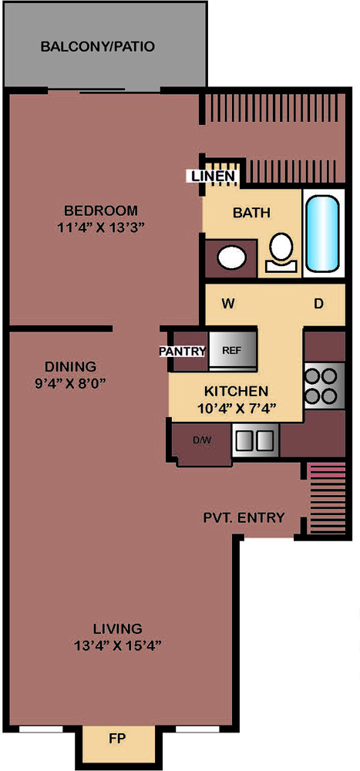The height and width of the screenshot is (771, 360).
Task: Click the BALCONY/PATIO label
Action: coord(98,47)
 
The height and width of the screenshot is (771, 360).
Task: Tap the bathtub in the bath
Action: coord(323,234)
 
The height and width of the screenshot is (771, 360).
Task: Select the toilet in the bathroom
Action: coord(281,253)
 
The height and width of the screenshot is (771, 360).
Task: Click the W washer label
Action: coord(227,304)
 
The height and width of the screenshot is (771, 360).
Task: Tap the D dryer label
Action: coord(318,304)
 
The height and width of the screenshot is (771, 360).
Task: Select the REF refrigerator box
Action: coord(232,351)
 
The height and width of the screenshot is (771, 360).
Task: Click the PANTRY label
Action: coord(182,351)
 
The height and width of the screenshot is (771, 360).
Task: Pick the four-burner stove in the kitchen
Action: coord(324,385)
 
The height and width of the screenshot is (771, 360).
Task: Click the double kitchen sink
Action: coord(255,440)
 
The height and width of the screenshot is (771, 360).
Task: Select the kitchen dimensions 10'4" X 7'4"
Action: coord(236,408)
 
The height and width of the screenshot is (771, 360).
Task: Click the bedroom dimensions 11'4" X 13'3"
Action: coord(101,227)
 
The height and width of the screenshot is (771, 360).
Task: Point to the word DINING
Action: coord(70,366)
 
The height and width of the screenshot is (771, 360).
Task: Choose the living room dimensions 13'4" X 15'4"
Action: coord(118,645)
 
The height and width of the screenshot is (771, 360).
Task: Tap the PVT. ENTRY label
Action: coord(244,517)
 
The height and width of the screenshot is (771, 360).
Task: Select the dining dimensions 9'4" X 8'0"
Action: coord(70,382)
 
